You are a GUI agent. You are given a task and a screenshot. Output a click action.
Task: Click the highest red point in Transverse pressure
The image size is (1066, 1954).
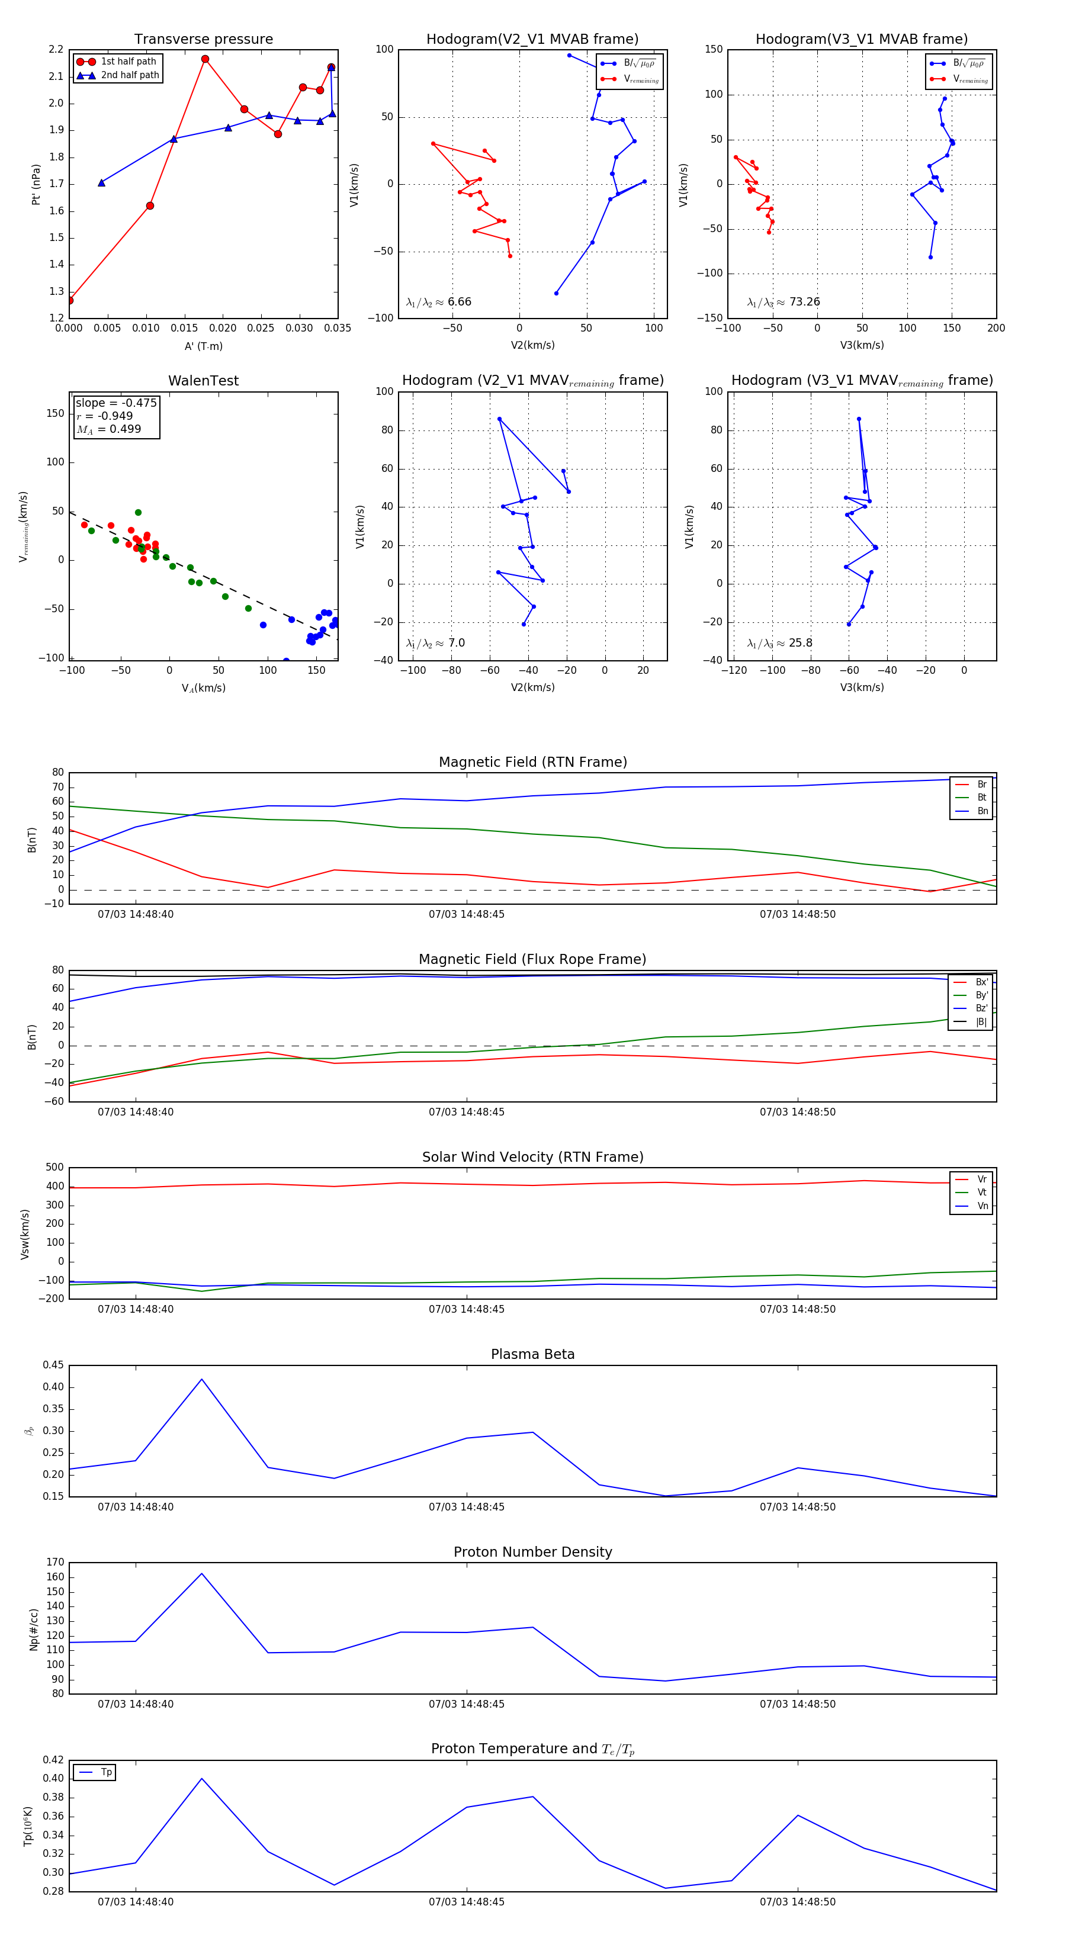point(205,59)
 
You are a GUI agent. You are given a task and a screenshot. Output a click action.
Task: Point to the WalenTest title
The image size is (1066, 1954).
point(203,381)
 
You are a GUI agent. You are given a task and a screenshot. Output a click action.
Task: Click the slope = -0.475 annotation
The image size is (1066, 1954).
point(116,403)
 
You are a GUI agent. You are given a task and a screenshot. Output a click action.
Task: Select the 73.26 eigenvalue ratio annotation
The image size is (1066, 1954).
point(804,302)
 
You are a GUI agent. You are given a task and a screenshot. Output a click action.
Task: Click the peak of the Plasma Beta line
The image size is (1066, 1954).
point(201,1379)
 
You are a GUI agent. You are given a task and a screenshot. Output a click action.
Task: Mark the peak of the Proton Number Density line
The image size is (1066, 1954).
point(201,1573)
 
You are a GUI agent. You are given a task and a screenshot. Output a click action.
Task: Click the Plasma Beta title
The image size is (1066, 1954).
point(532,1354)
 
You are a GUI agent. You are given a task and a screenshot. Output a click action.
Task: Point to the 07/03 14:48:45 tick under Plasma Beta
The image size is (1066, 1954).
point(466,1506)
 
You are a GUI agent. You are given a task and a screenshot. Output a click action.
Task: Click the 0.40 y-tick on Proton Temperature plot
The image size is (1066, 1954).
point(53,1778)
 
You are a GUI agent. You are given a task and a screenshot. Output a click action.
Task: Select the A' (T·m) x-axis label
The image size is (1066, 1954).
point(203,346)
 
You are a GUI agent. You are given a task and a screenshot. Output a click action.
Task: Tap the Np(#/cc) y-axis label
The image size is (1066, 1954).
point(33,1628)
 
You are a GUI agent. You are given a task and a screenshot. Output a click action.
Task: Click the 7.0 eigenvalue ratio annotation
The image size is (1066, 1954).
point(456,643)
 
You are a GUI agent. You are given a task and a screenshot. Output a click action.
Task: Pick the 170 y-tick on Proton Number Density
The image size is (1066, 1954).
point(56,1562)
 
